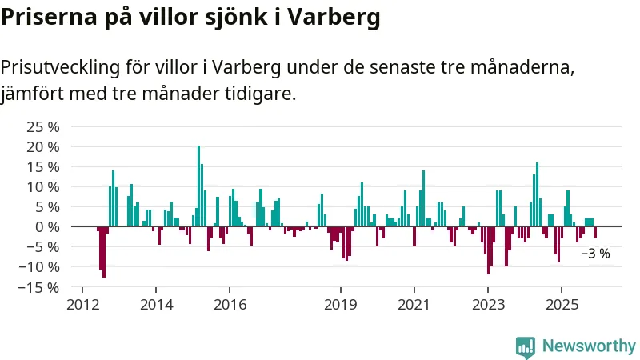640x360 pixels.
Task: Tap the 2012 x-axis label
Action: (x=82, y=305)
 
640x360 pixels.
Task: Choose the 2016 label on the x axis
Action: (x=230, y=305)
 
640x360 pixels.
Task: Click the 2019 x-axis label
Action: (x=341, y=305)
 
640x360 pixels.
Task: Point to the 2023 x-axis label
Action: (x=488, y=305)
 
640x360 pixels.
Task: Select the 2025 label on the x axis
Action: (x=562, y=305)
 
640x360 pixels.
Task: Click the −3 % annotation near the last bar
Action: (x=594, y=254)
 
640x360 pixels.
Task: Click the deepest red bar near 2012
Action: (x=104, y=252)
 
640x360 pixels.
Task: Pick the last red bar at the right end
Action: (x=595, y=232)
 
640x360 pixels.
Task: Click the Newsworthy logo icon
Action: (x=526, y=346)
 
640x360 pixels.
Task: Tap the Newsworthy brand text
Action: (x=589, y=346)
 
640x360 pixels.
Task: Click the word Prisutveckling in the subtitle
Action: (x=61, y=66)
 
